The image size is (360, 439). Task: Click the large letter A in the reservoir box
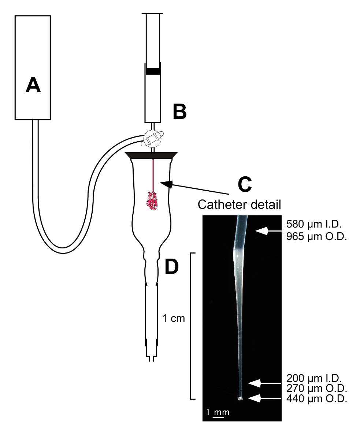click(x=33, y=85)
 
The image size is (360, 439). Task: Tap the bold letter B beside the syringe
click(x=179, y=112)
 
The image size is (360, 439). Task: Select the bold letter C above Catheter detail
click(x=245, y=185)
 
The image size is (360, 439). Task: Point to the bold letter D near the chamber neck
click(x=172, y=266)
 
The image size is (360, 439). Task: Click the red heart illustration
click(x=152, y=201)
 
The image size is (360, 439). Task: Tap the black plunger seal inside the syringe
click(x=153, y=71)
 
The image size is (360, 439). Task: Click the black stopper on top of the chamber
click(x=151, y=155)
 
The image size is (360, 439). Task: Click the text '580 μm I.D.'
click(x=314, y=224)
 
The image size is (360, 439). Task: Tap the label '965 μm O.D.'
click(x=316, y=237)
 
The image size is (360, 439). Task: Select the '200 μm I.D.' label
click(x=314, y=378)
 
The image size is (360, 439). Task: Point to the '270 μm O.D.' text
click(x=316, y=389)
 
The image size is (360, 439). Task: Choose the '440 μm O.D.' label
click(x=316, y=399)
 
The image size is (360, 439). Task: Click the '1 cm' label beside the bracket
click(x=174, y=318)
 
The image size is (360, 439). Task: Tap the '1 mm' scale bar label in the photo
click(x=218, y=412)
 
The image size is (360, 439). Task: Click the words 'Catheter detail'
click(x=240, y=205)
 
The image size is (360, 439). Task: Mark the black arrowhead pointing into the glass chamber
click(x=166, y=184)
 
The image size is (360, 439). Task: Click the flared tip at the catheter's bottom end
click(x=240, y=399)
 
